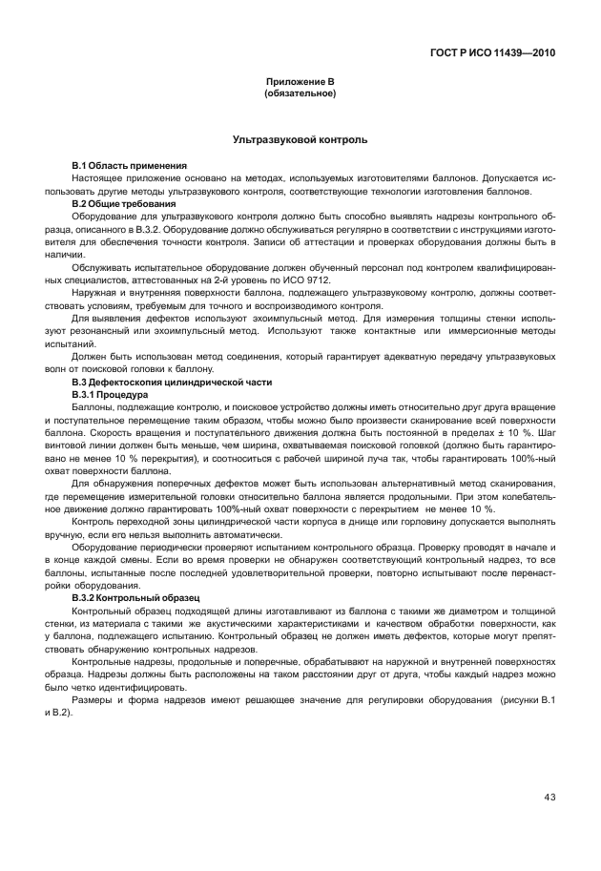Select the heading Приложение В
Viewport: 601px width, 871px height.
click(300, 83)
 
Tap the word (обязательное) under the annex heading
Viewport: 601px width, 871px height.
click(300, 94)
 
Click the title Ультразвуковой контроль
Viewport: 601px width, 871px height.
click(300, 140)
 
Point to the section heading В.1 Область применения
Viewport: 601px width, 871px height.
click(130, 166)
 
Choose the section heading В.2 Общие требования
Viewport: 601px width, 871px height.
click(124, 203)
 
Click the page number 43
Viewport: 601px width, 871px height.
click(549, 798)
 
